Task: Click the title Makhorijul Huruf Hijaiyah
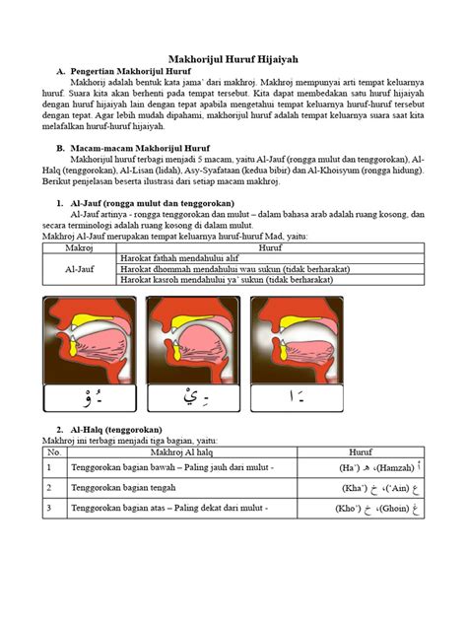[233, 60]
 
